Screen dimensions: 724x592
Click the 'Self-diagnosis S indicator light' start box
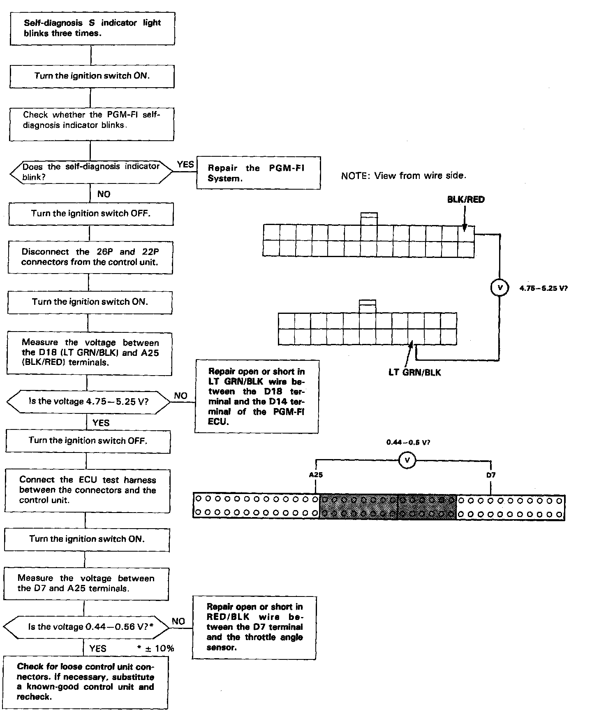(92, 28)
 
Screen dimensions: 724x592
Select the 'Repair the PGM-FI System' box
(258, 173)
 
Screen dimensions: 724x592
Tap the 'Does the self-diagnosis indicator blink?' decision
(91, 172)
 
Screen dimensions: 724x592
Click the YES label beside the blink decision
(185, 165)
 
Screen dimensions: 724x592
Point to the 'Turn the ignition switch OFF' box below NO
(90, 213)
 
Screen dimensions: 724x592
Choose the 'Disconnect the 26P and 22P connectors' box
(90, 257)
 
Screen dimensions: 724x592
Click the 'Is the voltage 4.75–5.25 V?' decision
(88, 401)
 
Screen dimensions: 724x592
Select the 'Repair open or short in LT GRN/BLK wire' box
(257, 397)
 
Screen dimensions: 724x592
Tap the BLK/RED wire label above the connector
(466, 200)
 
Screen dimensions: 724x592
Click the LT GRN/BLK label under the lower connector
(415, 372)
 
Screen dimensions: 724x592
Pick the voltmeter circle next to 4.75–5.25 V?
(500, 288)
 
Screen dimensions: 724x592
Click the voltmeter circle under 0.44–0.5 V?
(407, 460)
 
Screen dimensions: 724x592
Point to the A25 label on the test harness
(316, 475)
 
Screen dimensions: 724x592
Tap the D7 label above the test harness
(491, 475)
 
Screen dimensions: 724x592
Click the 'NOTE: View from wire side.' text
(404, 176)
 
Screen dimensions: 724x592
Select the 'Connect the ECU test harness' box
(88, 490)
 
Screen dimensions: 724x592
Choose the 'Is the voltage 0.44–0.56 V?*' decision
(86, 627)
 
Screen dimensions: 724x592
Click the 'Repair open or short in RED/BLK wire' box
(254, 627)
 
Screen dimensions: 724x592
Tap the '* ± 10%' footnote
(156, 649)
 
